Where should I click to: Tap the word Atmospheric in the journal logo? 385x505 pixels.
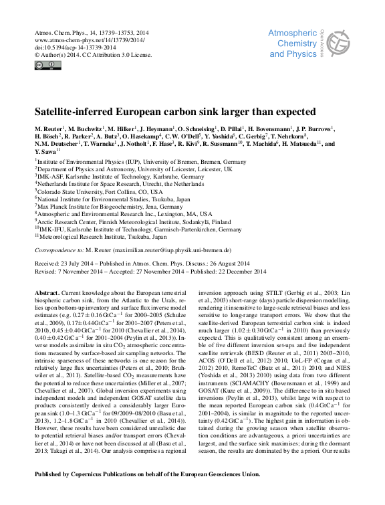point(296,33)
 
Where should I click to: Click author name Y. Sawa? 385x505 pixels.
point(48,150)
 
